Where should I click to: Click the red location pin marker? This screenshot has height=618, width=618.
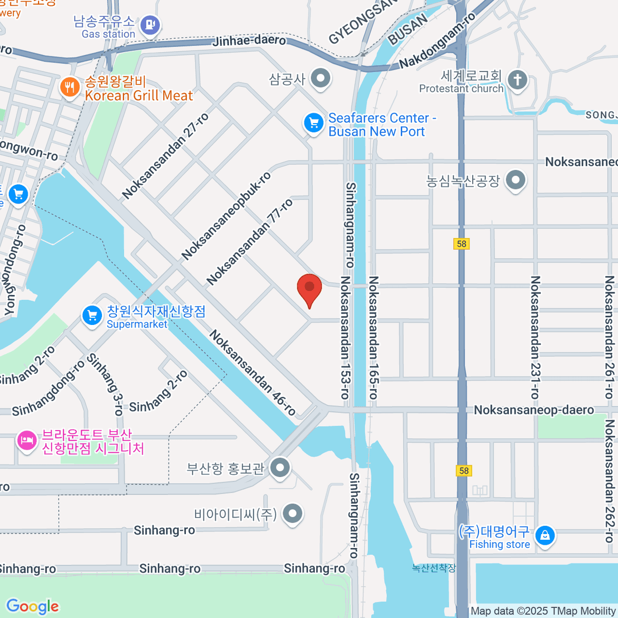coord(310,288)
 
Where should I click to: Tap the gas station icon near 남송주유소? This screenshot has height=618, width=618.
coord(150,24)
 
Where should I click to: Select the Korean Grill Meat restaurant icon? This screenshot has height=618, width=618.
coord(70,88)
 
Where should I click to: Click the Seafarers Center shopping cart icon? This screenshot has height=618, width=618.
coord(313,123)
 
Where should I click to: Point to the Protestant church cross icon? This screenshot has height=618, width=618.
coord(518,80)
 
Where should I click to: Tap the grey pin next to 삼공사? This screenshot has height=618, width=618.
coord(321,79)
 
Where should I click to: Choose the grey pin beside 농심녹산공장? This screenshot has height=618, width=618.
coord(515,181)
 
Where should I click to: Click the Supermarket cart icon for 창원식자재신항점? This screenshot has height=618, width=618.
coord(92,315)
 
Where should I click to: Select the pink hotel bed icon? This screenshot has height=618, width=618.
coord(26,440)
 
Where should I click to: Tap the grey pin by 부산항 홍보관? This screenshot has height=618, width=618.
coord(280,468)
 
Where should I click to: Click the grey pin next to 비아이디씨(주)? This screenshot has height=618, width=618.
coord(293,513)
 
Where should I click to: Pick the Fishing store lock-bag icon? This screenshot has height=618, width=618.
coord(544,536)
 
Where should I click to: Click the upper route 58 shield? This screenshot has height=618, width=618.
coord(462,244)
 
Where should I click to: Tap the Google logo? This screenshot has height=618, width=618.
coord(32,606)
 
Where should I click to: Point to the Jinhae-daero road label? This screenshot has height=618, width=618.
coord(249,40)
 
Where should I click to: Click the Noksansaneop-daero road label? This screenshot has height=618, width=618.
coord(534,410)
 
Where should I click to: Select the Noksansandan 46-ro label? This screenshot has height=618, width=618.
coord(252,373)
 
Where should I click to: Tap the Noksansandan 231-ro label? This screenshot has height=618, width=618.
coord(535,337)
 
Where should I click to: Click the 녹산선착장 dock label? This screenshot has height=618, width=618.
coord(434,568)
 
